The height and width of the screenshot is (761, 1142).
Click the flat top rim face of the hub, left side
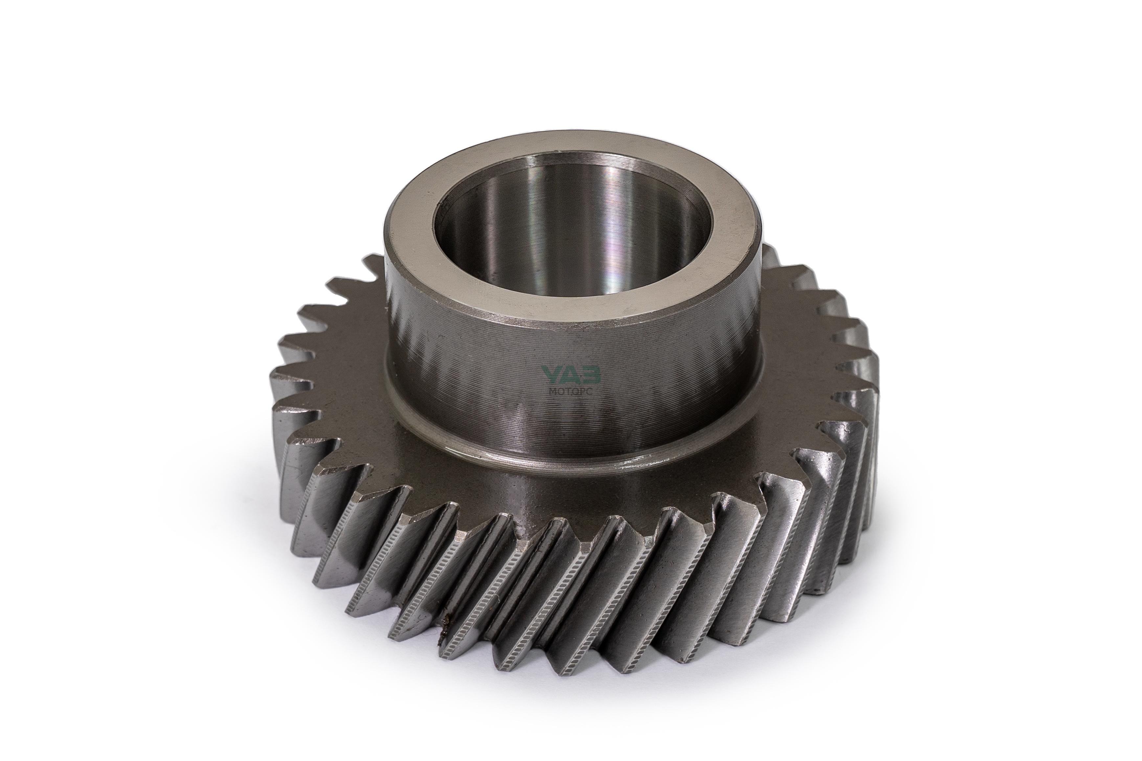[408, 228]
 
